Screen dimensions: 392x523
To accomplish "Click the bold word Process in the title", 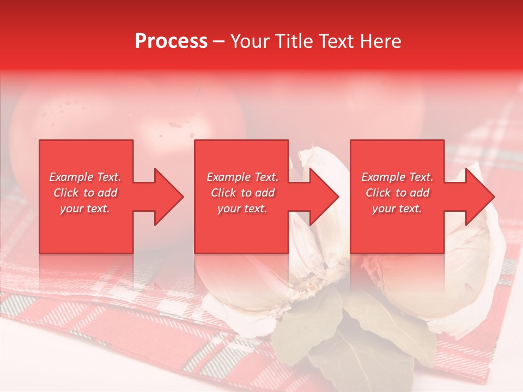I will point(171,41).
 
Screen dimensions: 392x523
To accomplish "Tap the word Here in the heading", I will point(380,41).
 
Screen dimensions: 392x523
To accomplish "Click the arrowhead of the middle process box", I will point(324,197).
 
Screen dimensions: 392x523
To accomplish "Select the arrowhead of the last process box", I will point(479,197).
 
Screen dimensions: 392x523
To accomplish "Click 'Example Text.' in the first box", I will point(86,177).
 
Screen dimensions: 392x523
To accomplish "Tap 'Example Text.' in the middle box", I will point(242,177).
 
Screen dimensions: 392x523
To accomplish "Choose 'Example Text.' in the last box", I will point(397,177).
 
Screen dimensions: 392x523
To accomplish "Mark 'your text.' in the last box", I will point(397,209).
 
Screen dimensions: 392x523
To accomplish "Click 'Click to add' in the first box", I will point(86,193).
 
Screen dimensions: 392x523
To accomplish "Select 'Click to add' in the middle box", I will point(242,193).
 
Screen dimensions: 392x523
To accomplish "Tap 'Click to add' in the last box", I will point(397,193).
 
